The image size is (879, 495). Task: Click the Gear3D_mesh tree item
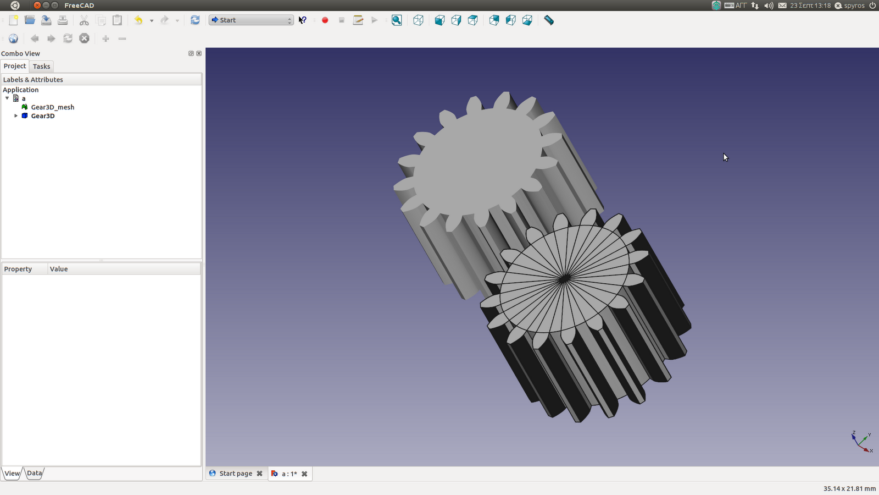(52, 107)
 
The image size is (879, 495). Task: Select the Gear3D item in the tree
(42, 116)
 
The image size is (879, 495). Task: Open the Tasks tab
(41, 67)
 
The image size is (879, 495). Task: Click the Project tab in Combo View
(15, 66)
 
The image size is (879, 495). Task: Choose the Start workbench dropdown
(251, 20)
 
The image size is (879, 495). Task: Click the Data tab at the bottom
(34, 473)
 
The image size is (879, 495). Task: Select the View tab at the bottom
(12, 473)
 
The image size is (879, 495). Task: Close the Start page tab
(259, 474)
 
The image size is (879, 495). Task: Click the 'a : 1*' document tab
(289, 474)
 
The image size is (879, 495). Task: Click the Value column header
(59, 269)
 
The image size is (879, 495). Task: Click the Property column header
(18, 269)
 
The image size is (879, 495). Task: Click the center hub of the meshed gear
(564, 279)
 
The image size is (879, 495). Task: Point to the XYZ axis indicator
(861, 442)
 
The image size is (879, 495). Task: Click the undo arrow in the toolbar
(138, 20)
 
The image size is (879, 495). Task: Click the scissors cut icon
(84, 20)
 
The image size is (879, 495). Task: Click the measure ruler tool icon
(548, 20)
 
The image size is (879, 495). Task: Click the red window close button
(37, 5)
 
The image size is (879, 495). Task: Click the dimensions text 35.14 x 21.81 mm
(849, 488)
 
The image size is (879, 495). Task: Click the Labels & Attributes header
(33, 80)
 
